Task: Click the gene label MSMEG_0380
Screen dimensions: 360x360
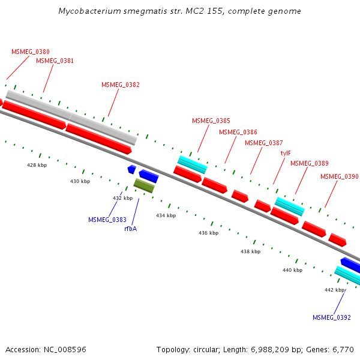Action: (30, 52)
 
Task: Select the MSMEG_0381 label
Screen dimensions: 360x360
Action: (55, 61)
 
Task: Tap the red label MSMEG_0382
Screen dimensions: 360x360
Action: (120, 85)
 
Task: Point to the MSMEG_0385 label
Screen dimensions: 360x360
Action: (211, 121)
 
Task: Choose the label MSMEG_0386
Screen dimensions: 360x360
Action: (238, 132)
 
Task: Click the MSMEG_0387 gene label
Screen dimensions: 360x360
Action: (263, 143)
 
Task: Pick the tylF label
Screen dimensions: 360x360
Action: (286, 153)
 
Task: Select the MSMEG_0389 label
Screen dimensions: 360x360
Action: (309, 164)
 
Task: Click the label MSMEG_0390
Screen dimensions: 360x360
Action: (339, 177)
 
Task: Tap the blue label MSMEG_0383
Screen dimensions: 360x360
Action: (107, 220)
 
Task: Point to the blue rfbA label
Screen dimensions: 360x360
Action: (130, 229)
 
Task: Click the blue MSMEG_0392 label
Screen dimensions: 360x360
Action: (331, 317)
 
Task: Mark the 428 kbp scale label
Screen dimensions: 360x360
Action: (37, 164)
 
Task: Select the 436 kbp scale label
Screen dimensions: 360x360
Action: (208, 233)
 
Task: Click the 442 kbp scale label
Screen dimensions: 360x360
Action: (334, 290)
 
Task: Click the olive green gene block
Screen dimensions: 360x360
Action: (144, 186)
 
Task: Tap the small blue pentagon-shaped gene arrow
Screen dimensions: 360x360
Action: (131, 170)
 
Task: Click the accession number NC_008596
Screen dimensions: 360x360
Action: (64, 349)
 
